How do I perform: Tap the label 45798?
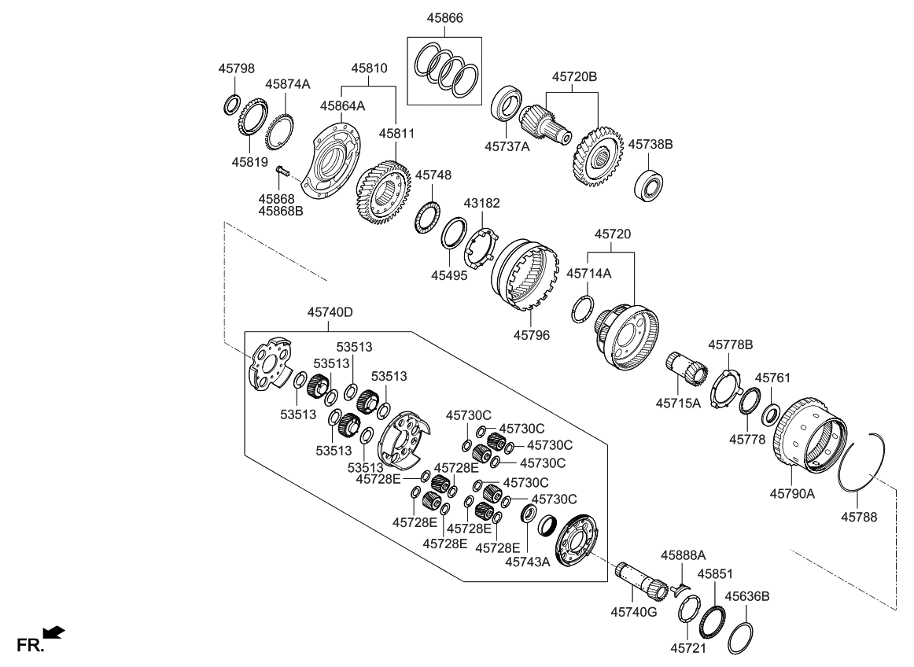pos(236,68)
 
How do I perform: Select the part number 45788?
pos(860,518)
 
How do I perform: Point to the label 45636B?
pos(746,596)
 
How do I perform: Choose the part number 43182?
pos(481,203)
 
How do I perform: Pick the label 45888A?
pos(683,555)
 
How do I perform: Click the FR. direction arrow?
pos(54,632)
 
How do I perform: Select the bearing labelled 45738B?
pos(650,183)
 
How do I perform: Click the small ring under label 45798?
pos(232,103)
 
